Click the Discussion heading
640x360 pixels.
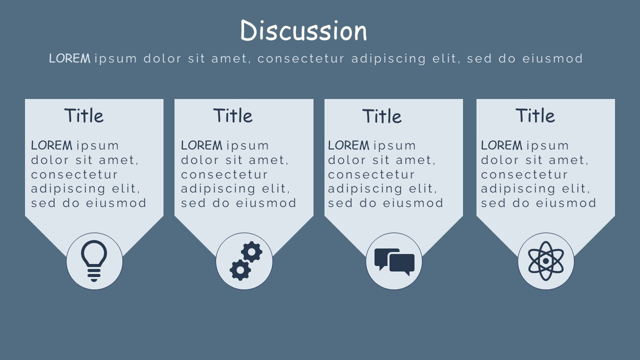(303, 31)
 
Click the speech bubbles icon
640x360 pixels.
(394, 261)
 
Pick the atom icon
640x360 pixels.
(546, 261)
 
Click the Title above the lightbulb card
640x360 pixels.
(83, 116)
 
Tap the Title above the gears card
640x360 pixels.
(233, 116)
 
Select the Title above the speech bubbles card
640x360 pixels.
(382, 116)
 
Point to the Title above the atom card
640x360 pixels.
(535, 116)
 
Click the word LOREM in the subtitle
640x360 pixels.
(69, 58)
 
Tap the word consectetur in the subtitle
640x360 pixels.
(301, 58)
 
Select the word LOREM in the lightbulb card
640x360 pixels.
(51, 145)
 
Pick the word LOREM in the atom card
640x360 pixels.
(501, 145)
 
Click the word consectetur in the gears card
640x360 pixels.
(224, 174)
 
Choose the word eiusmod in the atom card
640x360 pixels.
(566, 203)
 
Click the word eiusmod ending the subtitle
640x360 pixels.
(552, 58)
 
